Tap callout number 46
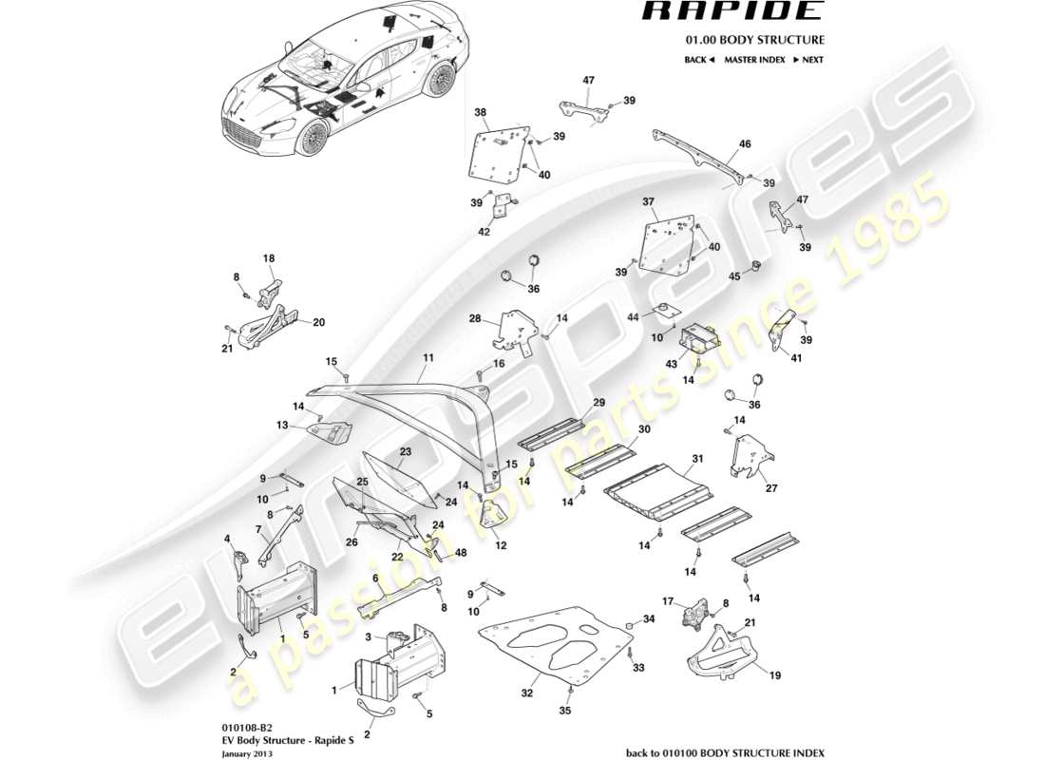(745, 144)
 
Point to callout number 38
(481, 110)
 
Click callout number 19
(775, 676)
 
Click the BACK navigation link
(698, 60)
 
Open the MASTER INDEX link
(754, 60)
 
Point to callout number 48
(461, 553)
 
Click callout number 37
(649, 201)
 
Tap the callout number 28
(473, 321)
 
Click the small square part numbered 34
(628, 625)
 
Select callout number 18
(268, 258)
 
